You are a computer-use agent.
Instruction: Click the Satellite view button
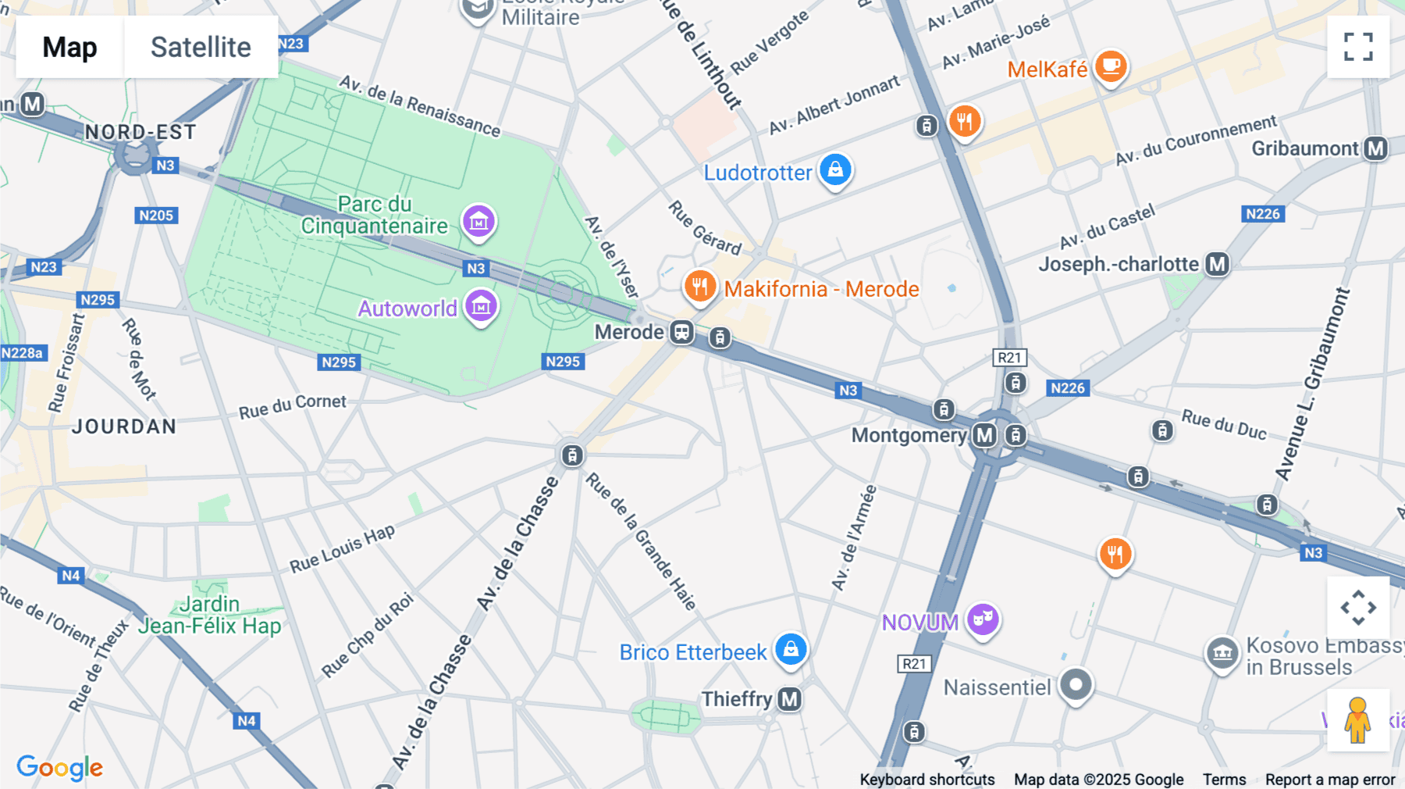point(201,47)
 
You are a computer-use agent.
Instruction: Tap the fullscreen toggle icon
point(1358,47)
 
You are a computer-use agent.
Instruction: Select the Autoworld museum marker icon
point(481,306)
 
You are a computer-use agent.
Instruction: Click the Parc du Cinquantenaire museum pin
point(478,222)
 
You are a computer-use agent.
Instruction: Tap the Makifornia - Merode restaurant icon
point(700,287)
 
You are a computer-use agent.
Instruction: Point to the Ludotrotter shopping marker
point(835,170)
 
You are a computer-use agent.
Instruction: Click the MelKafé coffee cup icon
point(1110,66)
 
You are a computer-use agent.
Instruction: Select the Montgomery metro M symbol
point(985,435)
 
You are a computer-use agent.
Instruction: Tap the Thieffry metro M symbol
point(790,699)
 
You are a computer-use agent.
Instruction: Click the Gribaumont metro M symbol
point(1376,148)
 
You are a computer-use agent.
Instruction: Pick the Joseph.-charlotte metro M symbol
point(1218,264)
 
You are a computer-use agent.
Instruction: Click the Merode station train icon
point(682,332)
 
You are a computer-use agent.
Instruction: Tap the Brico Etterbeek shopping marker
point(791,649)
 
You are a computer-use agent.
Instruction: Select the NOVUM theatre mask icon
point(983,619)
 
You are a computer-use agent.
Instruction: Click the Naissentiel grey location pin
point(1076,685)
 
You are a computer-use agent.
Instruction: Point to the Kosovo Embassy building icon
point(1222,653)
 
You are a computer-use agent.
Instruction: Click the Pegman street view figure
point(1357,719)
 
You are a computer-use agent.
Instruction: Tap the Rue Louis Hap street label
point(342,548)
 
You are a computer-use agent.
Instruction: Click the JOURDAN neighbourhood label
point(124,427)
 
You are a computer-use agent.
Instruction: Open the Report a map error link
point(1330,780)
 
